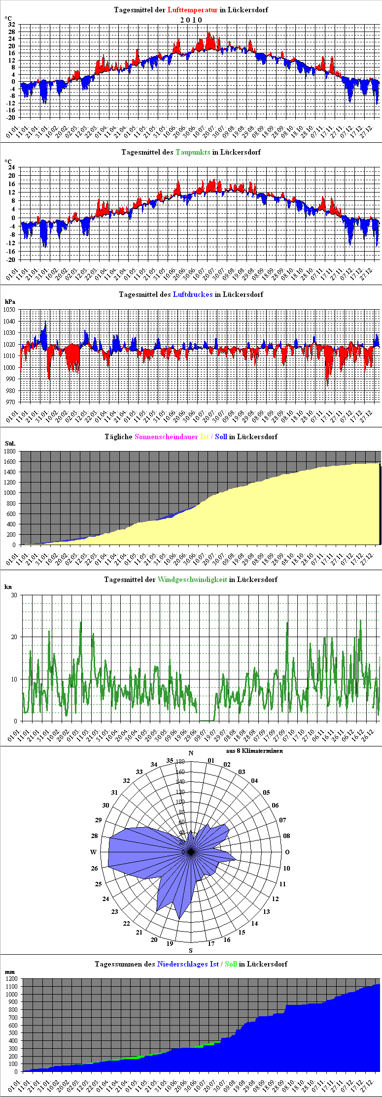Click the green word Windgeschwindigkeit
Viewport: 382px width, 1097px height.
click(192, 580)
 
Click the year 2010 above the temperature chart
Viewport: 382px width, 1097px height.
click(191, 20)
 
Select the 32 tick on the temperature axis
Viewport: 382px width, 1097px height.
click(11, 25)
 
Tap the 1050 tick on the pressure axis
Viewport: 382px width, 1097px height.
click(10, 310)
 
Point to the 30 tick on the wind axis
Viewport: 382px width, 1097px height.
click(14, 595)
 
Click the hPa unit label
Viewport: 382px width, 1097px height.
click(10, 301)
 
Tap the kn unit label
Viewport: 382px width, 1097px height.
click(8, 586)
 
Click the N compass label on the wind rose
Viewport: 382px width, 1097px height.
click(191, 753)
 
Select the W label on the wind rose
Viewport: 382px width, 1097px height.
click(94, 852)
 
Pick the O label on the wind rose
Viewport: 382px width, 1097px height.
click(287, 852)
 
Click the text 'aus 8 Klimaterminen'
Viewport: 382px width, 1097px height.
click(254, 751)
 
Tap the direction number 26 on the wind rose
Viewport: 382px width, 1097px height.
click(95, 869)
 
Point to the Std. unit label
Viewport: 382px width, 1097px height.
click(10, 444)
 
